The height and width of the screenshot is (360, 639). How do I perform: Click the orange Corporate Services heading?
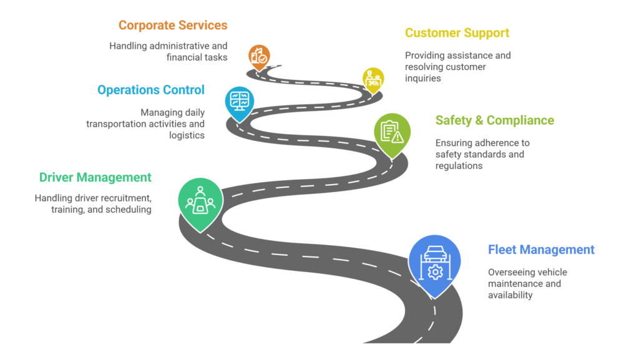(x=173, y=26)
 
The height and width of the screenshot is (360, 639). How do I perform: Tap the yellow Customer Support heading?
(x=457, y=33)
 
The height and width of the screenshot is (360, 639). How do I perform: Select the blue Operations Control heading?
(x=150, y=90)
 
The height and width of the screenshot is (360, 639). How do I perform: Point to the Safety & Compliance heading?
(x=494, y=120)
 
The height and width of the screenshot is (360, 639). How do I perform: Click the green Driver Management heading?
(x=95, y=177)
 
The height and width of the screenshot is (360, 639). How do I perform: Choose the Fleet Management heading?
(x=541, y=250)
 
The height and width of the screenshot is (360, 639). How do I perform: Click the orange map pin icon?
(x=258, y=57)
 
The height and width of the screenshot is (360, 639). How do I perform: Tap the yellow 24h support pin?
(x=373, y=79)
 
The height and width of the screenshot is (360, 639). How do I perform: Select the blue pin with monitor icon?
(x=238, y=101)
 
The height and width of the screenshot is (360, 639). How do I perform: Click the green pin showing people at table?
(x=200, y=202)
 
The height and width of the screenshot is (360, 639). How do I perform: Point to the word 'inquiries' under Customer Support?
(x=422, y=78)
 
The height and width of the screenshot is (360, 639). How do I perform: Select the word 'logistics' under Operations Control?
(x=187, y=135)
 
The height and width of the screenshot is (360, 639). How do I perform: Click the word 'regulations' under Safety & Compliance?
(x=459, y=165)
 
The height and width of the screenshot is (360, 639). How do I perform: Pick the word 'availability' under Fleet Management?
(x=510, y=294)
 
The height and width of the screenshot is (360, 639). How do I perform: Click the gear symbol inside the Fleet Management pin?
(x=435, y=272)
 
